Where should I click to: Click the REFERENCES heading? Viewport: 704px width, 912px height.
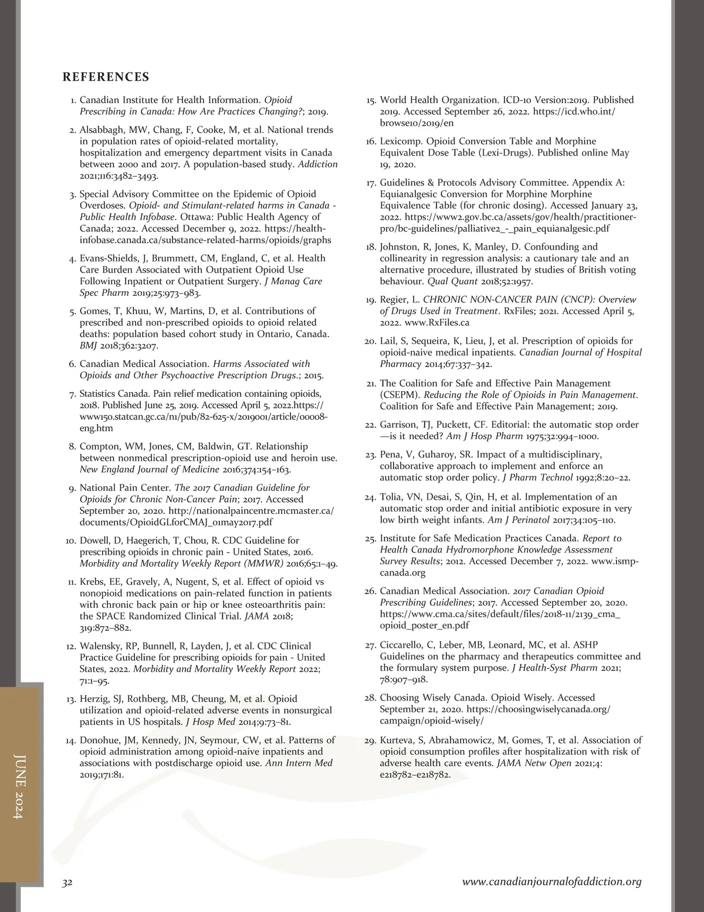click(106, 77)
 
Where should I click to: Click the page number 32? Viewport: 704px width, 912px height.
click(67, 882)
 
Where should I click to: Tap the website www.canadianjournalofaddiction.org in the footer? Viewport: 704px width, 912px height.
click(551, 881)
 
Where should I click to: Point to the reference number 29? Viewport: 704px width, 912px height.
click(370, 741)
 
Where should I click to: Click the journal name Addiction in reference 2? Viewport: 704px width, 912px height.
click(317, 164)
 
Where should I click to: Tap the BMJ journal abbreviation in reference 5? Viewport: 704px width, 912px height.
click(88, 346)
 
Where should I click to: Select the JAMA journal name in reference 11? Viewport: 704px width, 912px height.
click(257, 617)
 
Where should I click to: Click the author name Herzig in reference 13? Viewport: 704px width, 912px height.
click(94, 699)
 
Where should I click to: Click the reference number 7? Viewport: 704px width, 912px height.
click(73, 394)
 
